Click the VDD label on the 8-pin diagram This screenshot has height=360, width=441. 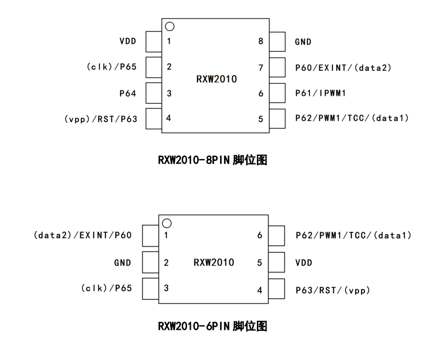(x=128, y=41)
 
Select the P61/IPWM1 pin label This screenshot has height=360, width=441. (x=320, y=93)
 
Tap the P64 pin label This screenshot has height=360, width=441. (x=128, y=94)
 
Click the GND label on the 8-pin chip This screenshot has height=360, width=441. (x=303, y=42)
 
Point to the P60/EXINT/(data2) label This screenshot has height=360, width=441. (x=343, y=68)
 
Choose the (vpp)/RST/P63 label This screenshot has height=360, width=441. (x=101, y=119)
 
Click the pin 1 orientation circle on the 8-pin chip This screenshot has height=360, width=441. (x=170, y=27)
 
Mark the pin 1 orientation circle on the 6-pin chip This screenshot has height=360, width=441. (x=167, y=223)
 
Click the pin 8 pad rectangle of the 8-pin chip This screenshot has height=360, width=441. (x=278, y=42)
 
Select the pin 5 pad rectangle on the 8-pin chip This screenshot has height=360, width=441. (x=278, y=119)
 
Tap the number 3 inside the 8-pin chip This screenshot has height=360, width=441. (x=169, y=94)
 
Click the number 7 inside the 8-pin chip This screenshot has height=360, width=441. (x=261, y=68)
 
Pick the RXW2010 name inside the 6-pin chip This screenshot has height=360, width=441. (x=214, y=263)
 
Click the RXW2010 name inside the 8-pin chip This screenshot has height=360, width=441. (x=217, y=79)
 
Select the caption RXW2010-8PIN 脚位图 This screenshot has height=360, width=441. (x=213, y=160)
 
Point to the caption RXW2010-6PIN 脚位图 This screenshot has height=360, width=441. (x=213, y=326)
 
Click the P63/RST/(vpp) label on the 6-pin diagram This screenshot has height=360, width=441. (x=333, y=290)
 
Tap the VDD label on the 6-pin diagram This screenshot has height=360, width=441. (x=304, y=263)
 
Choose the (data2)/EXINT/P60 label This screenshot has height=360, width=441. (x=82, y=235)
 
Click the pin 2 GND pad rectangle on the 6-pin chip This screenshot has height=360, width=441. (x=151, y=263)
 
